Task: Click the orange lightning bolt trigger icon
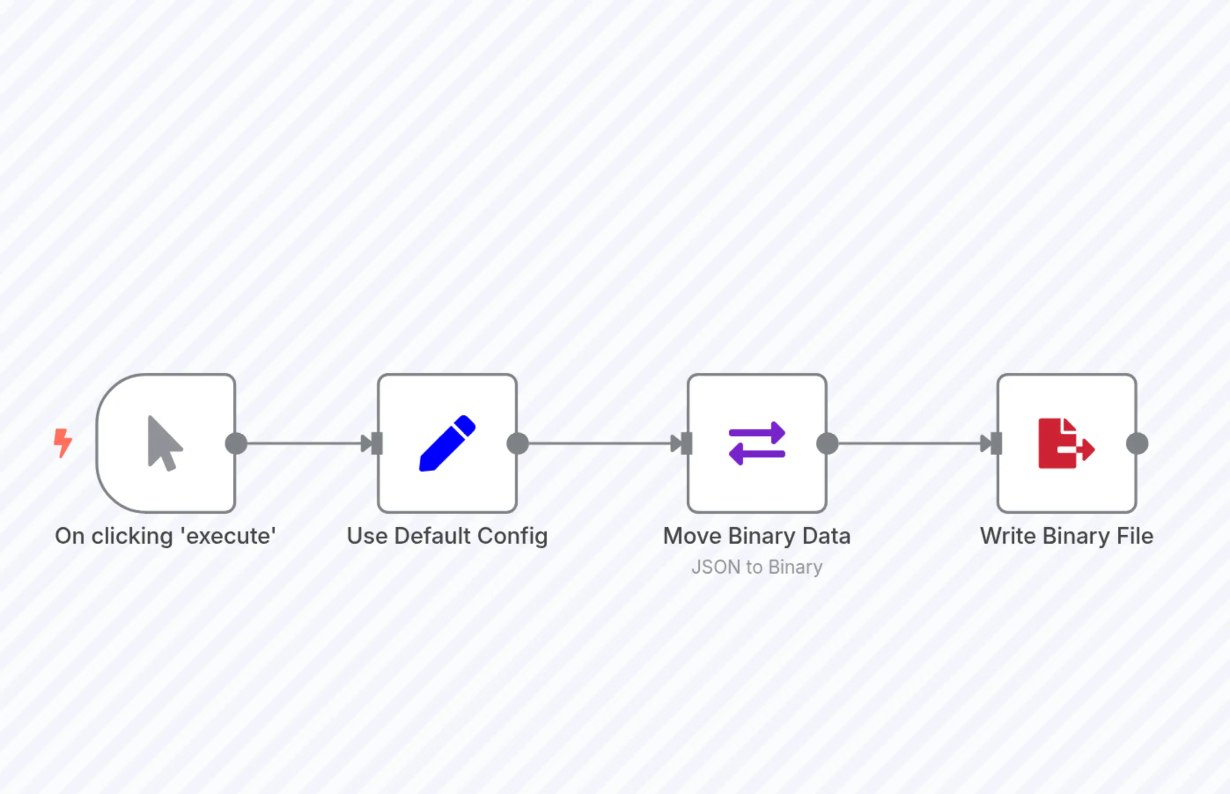point(63,443)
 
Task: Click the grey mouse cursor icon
point(164,443)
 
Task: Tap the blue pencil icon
point(447,443)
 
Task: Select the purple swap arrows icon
point(757,443)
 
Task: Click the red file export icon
point(1066,443)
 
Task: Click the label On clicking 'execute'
point(165,536)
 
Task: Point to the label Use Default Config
point(447,536)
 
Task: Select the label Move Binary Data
point(756,536)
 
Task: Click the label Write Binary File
point(1066,536)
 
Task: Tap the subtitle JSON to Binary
point(756,567)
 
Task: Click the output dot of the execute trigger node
point(236,443)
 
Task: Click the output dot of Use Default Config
point(517,443)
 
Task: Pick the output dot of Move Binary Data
point(827,443)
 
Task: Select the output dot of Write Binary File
point(1137,443)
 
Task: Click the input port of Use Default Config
point(377,443)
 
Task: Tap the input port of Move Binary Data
point(687,443)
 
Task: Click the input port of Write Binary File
point(996,443)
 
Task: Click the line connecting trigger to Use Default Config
point(304,443)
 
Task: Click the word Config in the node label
point(512,536)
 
